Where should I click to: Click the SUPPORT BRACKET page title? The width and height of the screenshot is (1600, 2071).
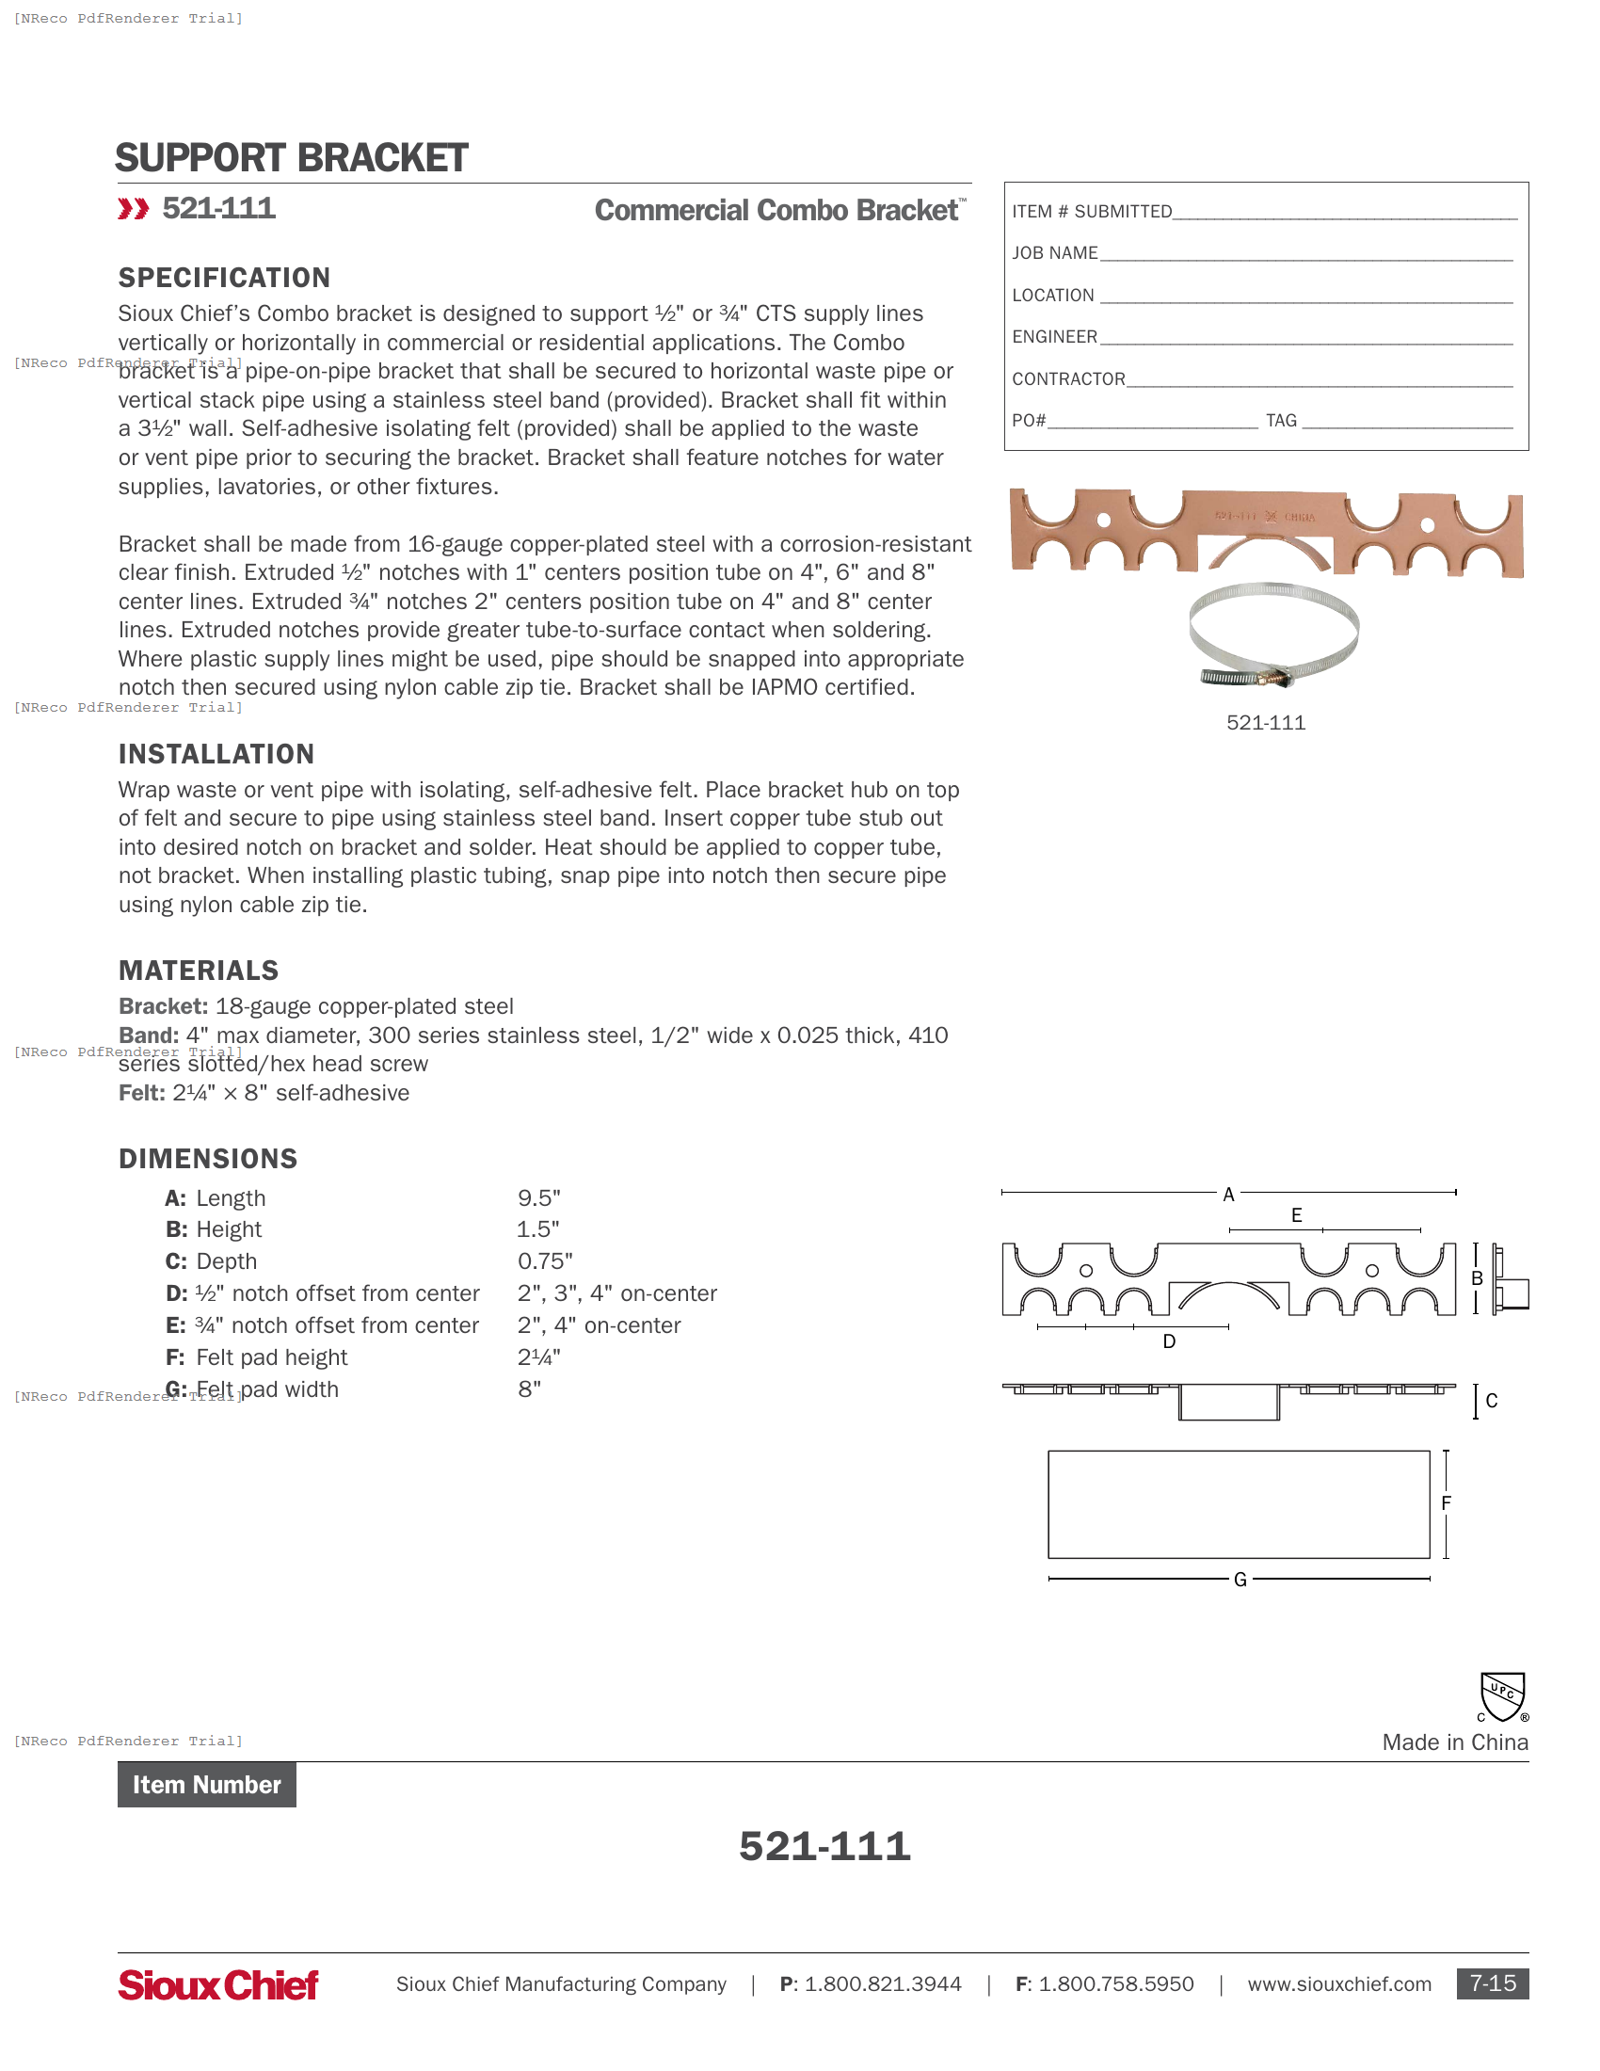(x=291, y=158)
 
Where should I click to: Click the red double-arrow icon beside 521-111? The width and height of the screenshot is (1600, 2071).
(x=134, y=209)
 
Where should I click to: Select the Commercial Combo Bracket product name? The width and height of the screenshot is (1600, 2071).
(x=777, y=210)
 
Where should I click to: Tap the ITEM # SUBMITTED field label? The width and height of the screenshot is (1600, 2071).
(x=1091, y=212)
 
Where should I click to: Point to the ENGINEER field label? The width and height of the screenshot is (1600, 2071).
(x=1054, y=337)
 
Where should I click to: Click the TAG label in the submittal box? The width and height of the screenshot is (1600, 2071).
(x=1281, y=420)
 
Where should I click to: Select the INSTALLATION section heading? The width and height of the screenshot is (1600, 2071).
(x=216, y=754)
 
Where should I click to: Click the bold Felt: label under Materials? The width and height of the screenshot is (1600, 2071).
(x=141, y=1092)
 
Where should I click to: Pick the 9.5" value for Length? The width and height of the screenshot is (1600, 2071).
(x=538, y=1197)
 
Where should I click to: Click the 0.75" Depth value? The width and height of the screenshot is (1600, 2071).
(x=544, y=1261)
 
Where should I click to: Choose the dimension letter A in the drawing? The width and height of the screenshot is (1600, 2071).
(x=1228, y=1195)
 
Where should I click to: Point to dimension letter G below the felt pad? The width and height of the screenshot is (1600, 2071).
(x=1240, y=1579)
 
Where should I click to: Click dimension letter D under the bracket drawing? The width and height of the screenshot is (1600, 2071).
(x=1169, y=1341)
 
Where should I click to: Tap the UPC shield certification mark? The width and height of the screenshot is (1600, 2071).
(x=1502, y=1696)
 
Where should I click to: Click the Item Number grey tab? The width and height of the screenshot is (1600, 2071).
(x=207, y=1785)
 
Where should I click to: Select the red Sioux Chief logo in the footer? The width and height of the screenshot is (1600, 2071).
(x=218, y=1983)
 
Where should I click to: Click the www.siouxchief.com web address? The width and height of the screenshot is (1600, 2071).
(x=1338, y=1983)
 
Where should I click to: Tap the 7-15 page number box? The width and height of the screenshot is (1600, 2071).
(x=1492, y=1983)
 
